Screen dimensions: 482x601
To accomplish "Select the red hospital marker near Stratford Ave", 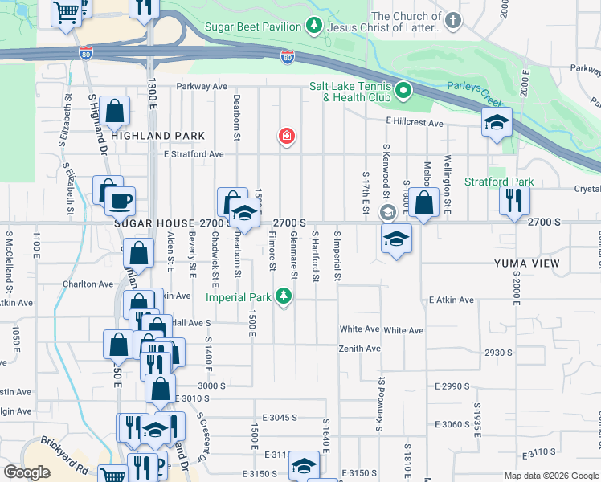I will click(x=285, y=137).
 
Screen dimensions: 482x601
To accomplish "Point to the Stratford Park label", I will click(x=498, y=182).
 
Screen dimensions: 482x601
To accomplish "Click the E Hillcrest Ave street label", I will click(x=415, y=123).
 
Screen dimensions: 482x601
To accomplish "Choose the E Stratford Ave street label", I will click(x=193, y=154).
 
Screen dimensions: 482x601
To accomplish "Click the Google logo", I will click(x=27, y=473).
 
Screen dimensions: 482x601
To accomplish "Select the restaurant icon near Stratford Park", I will click(x=514, y=198).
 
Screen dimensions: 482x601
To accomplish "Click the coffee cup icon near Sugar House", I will click(x=121, y=200).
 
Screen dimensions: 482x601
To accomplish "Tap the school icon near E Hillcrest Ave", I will click(x=497, y=123).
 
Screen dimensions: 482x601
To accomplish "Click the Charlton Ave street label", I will click(x=88, y=284).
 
